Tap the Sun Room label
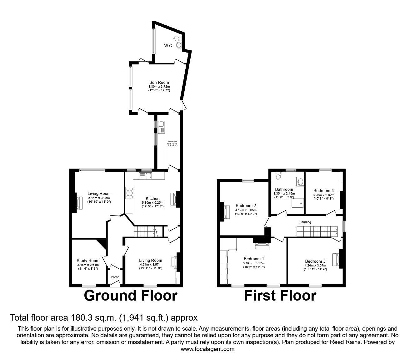point(159,82)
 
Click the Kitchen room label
point(152,198)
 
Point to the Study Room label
point(88,261)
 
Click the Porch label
point(115,277)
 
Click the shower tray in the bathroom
point(297,204)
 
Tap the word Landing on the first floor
point(305,222)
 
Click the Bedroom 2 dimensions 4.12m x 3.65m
point(245,210)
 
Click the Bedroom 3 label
point(315,261)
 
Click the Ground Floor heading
point(131,296)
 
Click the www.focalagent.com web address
point(207,349)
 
